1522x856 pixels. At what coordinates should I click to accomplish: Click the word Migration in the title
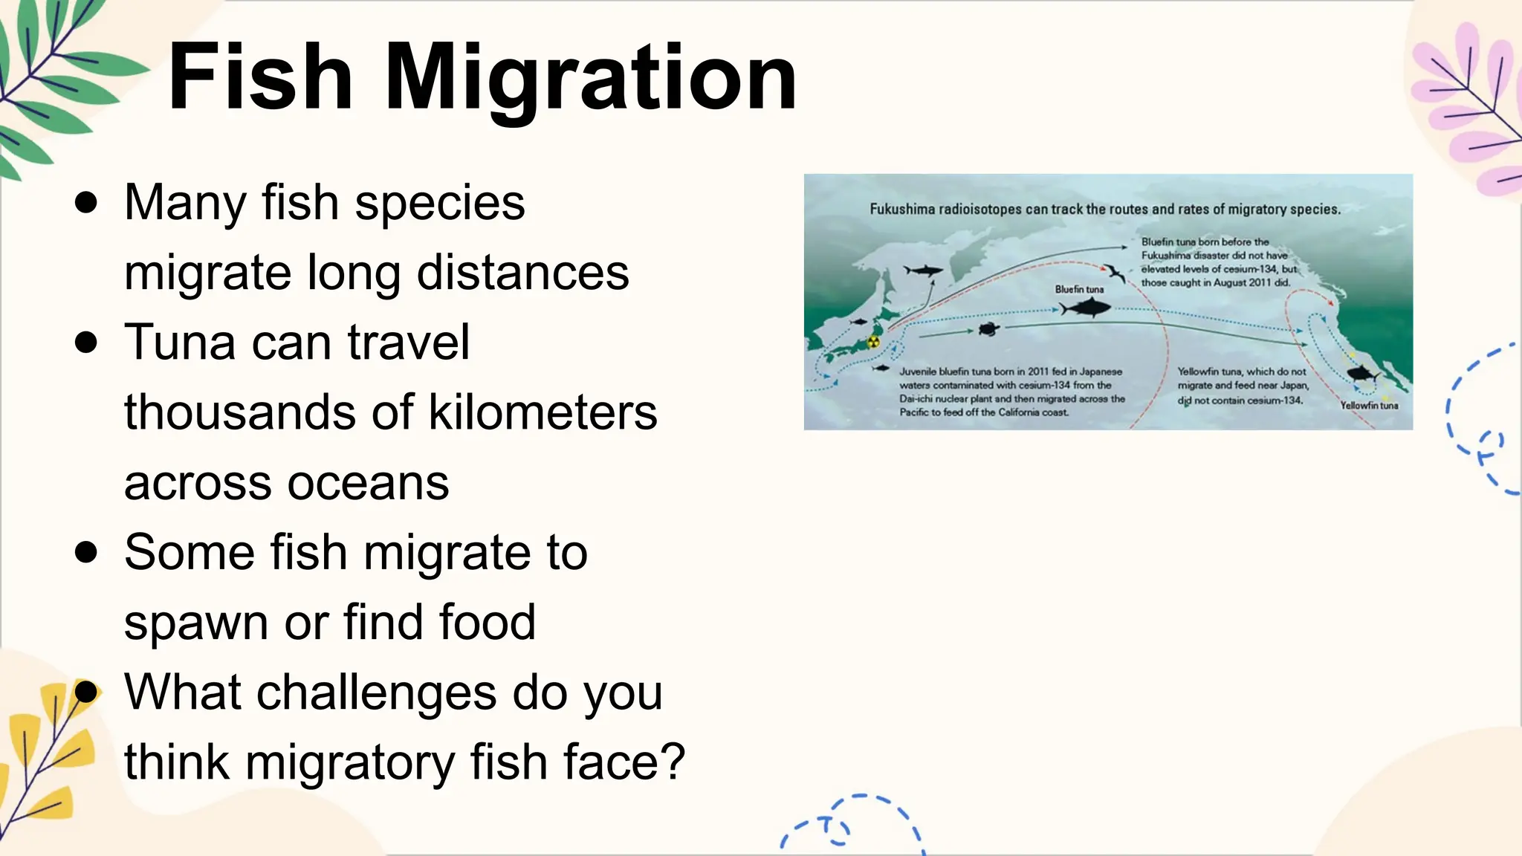pyautogui.click(x=591, y=78)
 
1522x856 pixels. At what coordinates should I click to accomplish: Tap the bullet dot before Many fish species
pyautogui.click(x=86, y=203)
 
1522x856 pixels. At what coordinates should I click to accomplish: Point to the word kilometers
pyautogui.click(x=543, y=412)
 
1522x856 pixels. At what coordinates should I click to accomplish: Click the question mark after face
pyautogui.click(x=671, y=762)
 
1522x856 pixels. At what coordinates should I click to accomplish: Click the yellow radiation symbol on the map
pyautogui.click(x=873, y=342)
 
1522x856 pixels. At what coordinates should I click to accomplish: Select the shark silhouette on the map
pyautogui.click(x=924, y=270)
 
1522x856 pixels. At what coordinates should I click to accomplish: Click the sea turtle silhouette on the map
pyautogui.click(x=989, y=328)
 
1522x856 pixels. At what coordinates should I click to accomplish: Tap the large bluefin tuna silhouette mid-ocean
pyautogui.click(x=1087, y=307)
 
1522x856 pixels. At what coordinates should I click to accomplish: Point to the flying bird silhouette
pyautogui.click(x=1114, y=273)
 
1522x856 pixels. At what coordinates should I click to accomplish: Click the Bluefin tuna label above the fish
pyautogui.click(x=1079, y=289)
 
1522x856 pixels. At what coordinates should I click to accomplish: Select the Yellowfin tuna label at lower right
pyautogui.click(x=1369, y=406)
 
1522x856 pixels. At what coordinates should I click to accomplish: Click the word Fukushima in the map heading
pyautogui.click(x=902, y=210)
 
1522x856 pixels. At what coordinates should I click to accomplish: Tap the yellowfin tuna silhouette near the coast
pyautogui.click(x=1362, y=372)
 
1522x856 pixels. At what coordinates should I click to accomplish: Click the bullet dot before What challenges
pyautogui.click(x=86, y=693)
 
